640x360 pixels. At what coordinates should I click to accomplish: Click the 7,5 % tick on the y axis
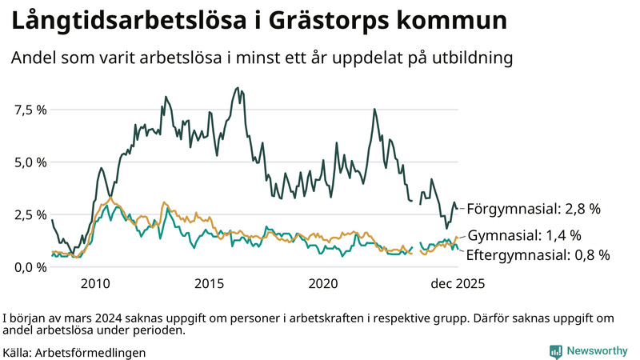[x=30, y=110]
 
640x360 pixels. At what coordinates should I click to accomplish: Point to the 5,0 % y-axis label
[x=30, y=162]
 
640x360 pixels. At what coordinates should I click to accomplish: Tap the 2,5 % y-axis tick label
[x=30, y=215]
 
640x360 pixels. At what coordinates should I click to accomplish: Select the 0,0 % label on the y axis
[x=30, y=267]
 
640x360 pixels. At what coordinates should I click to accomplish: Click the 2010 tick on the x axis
[x=95, y=283]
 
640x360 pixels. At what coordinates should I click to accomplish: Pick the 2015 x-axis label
[x=210, y=283]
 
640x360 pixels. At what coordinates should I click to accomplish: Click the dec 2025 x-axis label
[x=458, y=283]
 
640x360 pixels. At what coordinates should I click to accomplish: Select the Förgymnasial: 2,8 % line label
[x=533, y=209]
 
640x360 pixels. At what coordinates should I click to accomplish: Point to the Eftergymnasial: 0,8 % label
[x=538, y=255]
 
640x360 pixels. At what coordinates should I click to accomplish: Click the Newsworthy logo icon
[x=555, y=350]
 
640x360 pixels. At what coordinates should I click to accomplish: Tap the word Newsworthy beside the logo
[x=598, y=350]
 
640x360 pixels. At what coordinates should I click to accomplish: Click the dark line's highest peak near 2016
[x=237, y=88]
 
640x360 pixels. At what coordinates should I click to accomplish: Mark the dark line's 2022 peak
[x=374, y=109]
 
